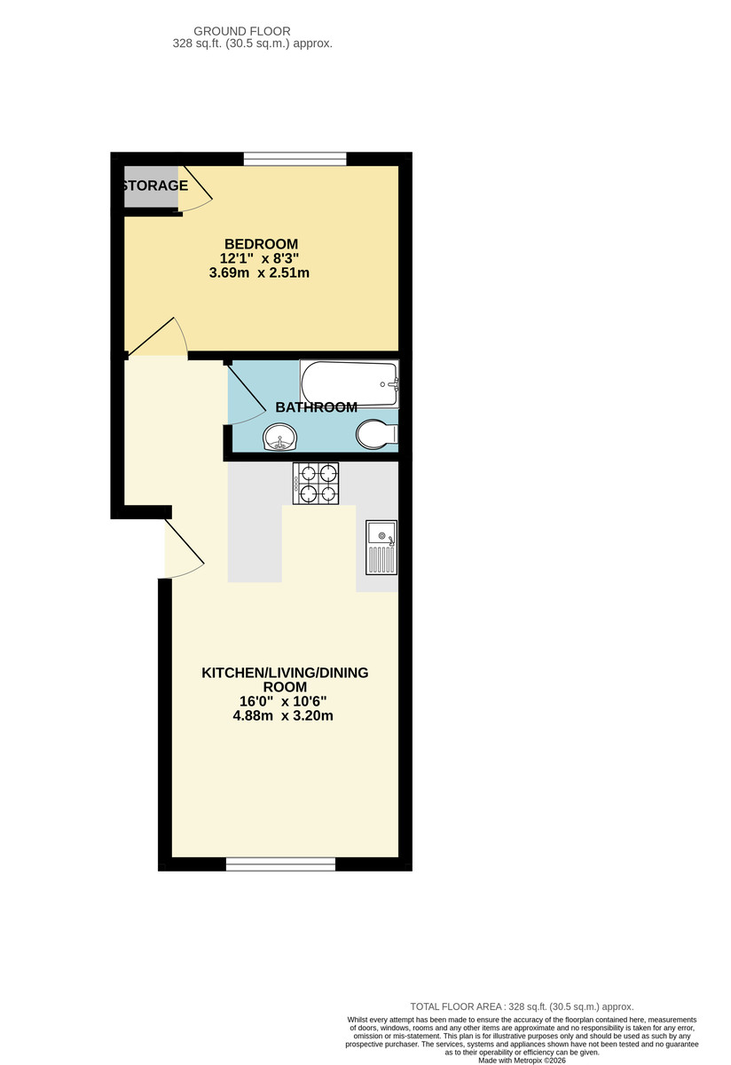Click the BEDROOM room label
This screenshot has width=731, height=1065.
tap(261, 244)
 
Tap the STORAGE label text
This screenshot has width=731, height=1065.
tap(154, 185)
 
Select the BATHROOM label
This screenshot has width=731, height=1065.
tap(316, 407)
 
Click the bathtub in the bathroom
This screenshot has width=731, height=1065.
tap(350, 383)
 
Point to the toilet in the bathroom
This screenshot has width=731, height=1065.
tap(375, 435)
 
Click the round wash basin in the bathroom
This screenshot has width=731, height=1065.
tap(281, 437)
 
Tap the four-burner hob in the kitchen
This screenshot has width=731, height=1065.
tap(317, 484)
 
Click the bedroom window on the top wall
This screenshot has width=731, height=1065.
tap(295, 159)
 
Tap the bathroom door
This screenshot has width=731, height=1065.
tap(248, 395)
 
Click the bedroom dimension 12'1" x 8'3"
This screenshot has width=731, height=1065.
tap(259, 258)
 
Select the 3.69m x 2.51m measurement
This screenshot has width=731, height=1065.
tap(259, 272)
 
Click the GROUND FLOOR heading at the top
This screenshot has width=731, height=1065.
tap(253, 31)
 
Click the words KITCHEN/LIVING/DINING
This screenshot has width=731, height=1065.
tap(285, 673)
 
